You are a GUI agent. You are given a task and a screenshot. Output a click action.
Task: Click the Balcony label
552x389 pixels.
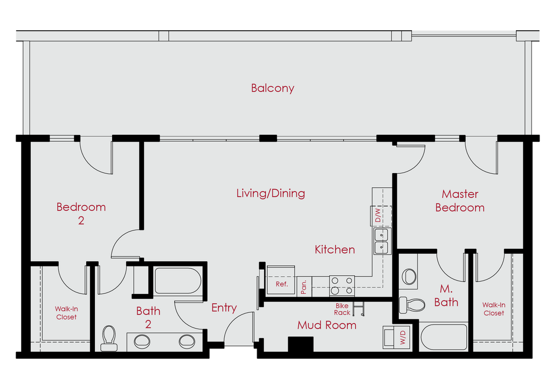(x=272, y=88)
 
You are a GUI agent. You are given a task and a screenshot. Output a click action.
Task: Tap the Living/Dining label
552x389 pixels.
(x=271, y=193)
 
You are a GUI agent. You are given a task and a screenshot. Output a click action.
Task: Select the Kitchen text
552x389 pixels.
(x=335, y=249)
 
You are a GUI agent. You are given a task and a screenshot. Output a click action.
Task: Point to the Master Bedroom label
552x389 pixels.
(x=460, y=201)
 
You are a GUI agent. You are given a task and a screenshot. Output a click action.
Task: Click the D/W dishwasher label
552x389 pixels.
(x=378, y=215)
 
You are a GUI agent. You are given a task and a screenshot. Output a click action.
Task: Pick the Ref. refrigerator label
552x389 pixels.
(x=281, y=284)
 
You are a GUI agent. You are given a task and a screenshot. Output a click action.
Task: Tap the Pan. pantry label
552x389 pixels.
(x=304, y=287)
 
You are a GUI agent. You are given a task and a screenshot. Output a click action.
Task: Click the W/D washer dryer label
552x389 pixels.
(x=403, y=337)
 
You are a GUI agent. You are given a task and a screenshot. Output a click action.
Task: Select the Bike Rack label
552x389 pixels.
(x=342, y=309)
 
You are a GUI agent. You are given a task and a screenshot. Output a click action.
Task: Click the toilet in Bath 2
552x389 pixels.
(x=109, y=338)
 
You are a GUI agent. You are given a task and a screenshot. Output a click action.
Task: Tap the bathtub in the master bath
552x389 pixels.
(x=444, y=338)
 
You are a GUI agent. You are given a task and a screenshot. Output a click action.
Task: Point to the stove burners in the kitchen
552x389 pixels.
(x=342, y=286)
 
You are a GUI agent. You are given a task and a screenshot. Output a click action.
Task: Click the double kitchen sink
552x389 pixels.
(x=381, y=241)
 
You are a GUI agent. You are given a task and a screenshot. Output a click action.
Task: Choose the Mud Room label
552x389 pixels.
(x=327, y=325)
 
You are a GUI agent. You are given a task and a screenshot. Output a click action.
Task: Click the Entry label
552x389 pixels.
(x=224, y=308)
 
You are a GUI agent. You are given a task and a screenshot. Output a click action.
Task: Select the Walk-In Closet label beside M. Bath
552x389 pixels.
(x=494, y=309)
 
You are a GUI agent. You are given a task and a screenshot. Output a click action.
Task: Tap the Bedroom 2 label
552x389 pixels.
(x=81, y=214)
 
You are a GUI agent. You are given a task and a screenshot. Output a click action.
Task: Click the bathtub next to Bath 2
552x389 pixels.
(x=178, y=281)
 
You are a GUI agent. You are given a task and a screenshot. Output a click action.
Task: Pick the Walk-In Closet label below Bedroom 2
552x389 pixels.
(x=66, y=313)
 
